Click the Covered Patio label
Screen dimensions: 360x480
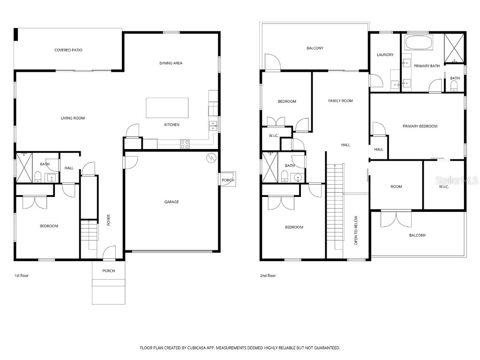[68, 50]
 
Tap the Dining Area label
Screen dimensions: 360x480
[171, 63]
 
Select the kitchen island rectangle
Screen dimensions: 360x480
[167, 108]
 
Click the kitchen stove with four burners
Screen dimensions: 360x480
[185, 144]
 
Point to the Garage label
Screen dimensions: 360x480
[171, 202]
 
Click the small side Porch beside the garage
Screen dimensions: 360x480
[228, 180]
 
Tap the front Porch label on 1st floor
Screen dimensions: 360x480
[108, 271]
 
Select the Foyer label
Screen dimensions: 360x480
[108, 220]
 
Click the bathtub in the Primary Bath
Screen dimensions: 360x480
[419, 43]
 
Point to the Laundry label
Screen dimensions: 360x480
[385, 55]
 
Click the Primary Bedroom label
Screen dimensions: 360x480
[420, 126]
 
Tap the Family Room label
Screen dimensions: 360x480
[340, 101]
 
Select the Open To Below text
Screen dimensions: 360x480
[356, 230]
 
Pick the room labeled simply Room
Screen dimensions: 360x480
[396, 187]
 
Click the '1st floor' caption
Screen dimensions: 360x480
[21, 276]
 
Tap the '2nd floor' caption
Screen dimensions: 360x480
[268, 276]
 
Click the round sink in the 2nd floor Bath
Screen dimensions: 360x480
[296, 177]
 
